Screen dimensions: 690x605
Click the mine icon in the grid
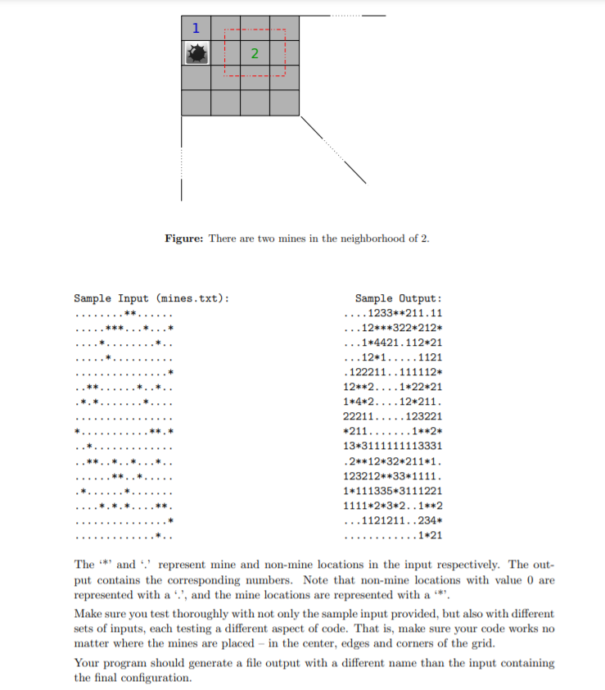click(x=196, y=54)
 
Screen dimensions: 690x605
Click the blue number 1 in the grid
click(x=195, y=28)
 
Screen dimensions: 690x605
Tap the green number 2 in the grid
click(x=255, y=54)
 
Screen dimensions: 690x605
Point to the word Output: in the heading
click(x=421, y=298)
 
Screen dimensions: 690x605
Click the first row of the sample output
click(x=394, y=312)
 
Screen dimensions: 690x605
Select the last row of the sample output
click(x=394, y=536)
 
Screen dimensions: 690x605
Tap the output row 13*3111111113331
click(x=394, y=446)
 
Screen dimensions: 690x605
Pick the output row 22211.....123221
click(x=394, y=416)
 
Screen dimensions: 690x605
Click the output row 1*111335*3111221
click(x=394, y=491)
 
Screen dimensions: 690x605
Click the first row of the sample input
click(x=123, y=312)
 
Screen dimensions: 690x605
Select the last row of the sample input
click(x=123, y=536)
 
